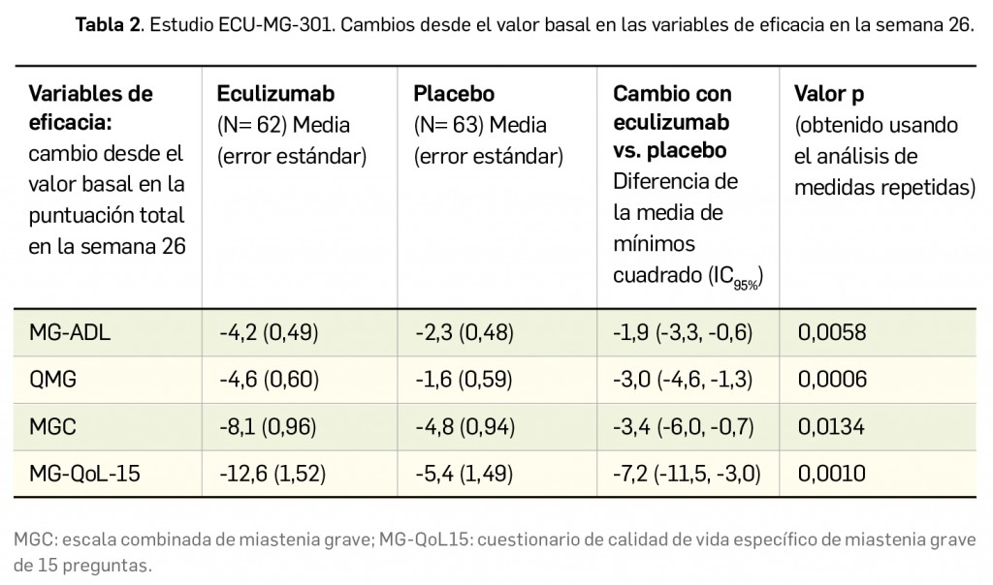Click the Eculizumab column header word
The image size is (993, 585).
(x=275, y=94)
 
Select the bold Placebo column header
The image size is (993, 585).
(x=453, y=94)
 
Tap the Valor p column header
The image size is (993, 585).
(x=829, y=94)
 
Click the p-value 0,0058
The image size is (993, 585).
(x=830, y=332)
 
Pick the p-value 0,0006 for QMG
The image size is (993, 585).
(x=830, y=379)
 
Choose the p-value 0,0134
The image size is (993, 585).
(x=830, y=426)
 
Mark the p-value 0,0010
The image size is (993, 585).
(x=830, y=474)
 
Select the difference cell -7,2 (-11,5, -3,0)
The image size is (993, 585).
(x=687, y=474)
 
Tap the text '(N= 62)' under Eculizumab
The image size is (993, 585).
(x=249, y=125)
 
